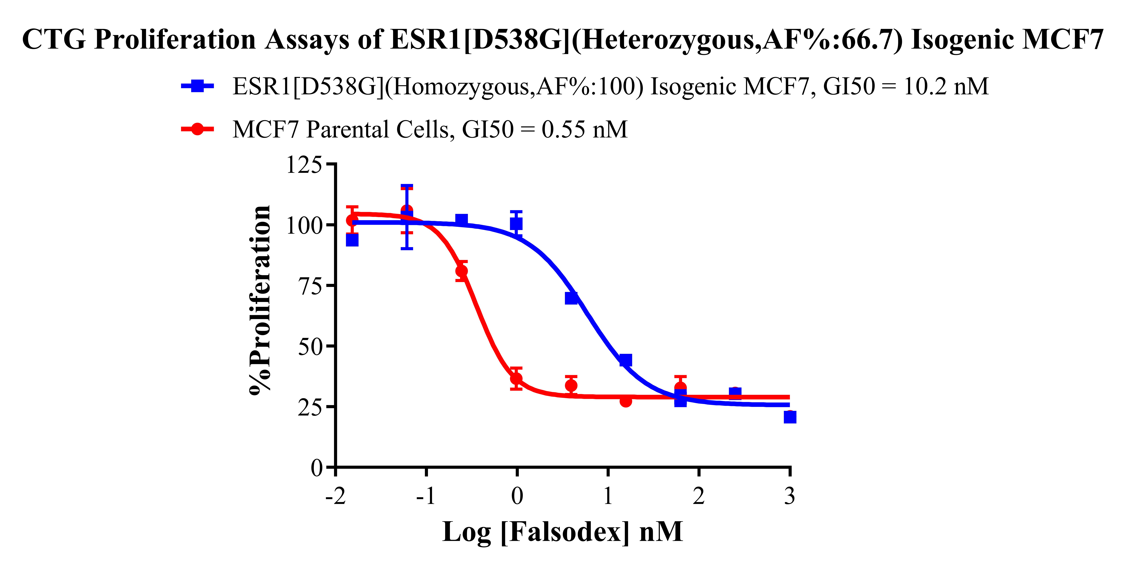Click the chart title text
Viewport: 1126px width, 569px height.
[x=563, y=39]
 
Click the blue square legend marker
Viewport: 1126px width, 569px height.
[x=198, y=86]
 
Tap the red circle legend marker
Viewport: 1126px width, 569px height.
[x=198, y=129]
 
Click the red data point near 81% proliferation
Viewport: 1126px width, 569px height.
[x=462, y=271]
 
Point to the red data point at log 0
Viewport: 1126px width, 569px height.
[x=516, y=378]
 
